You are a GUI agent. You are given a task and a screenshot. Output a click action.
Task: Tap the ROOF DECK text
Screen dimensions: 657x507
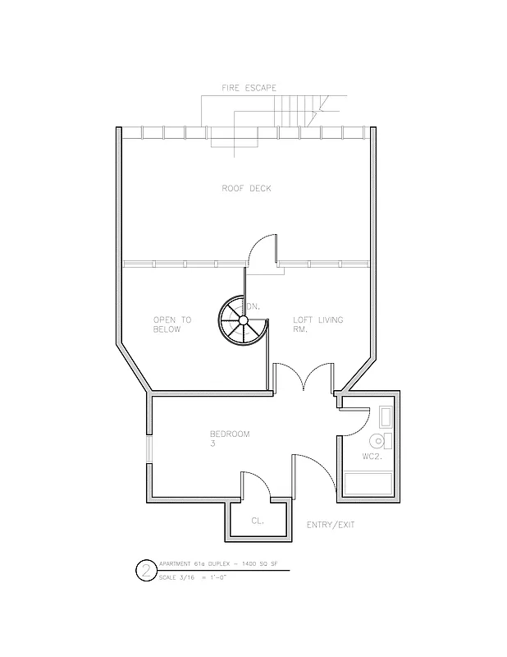[246, 189]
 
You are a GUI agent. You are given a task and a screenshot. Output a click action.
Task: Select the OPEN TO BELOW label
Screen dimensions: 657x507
[171, 324]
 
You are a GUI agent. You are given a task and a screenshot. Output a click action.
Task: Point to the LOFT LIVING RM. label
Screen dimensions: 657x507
[318, 324]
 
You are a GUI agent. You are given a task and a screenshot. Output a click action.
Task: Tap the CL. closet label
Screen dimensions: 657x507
[257, 520]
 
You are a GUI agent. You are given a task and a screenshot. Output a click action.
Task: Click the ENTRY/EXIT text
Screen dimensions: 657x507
[331, 525]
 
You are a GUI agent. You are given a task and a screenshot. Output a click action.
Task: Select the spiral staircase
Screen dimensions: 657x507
[243, 320]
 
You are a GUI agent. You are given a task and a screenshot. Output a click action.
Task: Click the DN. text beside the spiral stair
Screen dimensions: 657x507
[253, 306]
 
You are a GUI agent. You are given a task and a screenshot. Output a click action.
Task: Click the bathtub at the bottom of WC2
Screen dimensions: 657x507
[369, 484]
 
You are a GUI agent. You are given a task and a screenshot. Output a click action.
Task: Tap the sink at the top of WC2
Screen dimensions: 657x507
[388, 418]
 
